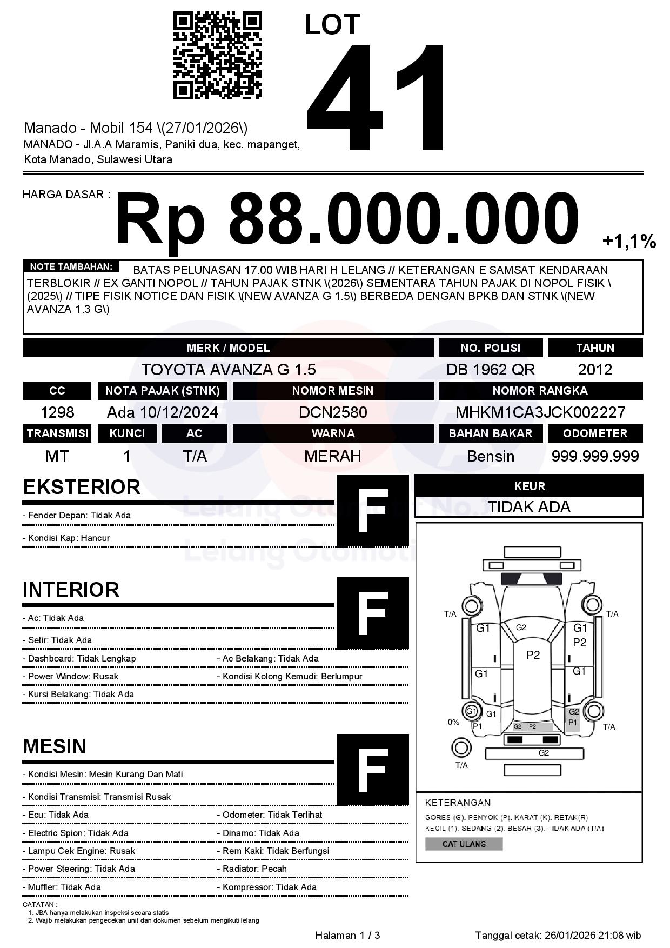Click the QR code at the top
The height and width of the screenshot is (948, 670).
(x=217, y=56)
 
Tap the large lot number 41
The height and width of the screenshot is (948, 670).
(x=377, y=97)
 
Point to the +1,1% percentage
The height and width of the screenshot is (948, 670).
(x=629, y=241)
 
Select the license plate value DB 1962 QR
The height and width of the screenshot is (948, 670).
(x=490, y=370)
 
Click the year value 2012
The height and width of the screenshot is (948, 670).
(x=595, y=370)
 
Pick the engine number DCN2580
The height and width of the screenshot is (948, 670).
(x=333, y=412)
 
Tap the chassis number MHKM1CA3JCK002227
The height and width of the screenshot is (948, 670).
(x=540, y=412)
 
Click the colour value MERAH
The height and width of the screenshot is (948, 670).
(x=333, y=456)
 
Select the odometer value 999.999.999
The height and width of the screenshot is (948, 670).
(x=595, y=456)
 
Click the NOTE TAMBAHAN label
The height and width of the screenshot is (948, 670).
(x=71, y=266)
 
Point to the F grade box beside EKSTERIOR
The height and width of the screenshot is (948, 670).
(x=373, y=511)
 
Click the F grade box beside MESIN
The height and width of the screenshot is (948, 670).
(x=373, y=770)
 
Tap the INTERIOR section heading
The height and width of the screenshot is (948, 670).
(x=71, y=590)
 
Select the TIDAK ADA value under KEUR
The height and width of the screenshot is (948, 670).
(x=529, y=507)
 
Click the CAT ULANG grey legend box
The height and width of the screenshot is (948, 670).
(x=464, y=844)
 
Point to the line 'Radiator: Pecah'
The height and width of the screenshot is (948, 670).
(x=254, y=869)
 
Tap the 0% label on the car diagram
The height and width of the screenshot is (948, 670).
(x=453, y=722)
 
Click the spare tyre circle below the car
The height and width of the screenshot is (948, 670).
(x=461, y=748)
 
